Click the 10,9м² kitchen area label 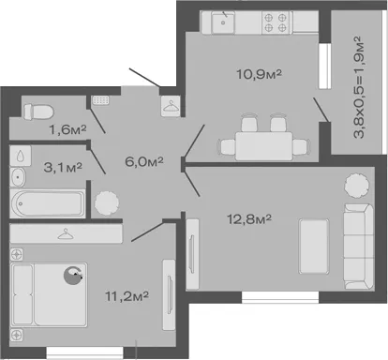pyautogui.click(x=259, y=74)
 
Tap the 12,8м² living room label pyautogui.click(x=249, y=219)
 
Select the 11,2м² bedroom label pyautogui.click(x=127, y=296)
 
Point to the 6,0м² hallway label pyautogui.click(x=144, y=161)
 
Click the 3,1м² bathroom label pyautogui.click(x=63, y=167)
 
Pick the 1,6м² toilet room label pyautogui.click(x=67, y=129)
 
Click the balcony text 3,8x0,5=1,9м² pyautogui.click(x=359, y=87)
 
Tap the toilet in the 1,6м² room pyautogui.click(x=38, y=112)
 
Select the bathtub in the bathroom pyautogui.click(x=48, y=203)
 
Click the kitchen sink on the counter pyautogui.click(x=223, y=22)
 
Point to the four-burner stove pyautogui.click(x=276, y=22)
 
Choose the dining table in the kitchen pyautogui.click(x=264, y=146)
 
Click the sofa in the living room pyautogui.click(x=359, y=247)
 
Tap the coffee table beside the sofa pyautogui.click(x=314, y=247)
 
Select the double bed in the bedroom pyautogui.click(x=49, y=294)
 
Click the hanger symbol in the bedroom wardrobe pyautogui.click(x=67, y=233)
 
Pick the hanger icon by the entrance pyautogui.click(x=171, y=106)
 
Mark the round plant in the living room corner pyautogui.click(x=357, y=186)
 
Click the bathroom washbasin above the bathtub pyautogui.click(x=18, y=177)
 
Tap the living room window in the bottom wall pyautogui.click(x=280, y=297)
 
